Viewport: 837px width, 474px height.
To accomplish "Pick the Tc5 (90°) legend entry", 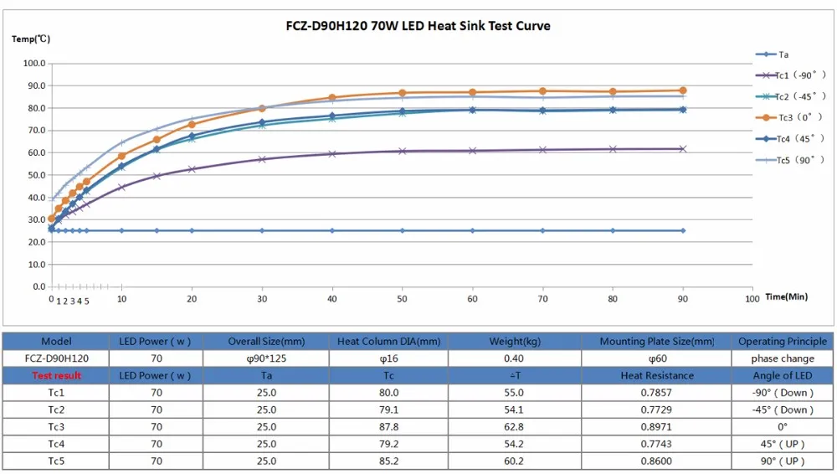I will tap(789, 160).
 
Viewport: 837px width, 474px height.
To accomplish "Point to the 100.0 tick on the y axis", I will tap(34, 63).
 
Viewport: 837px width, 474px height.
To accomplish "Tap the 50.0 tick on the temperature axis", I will tap(34, 175).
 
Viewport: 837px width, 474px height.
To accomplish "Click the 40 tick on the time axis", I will tap(332, 298).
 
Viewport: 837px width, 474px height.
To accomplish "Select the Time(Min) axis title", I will tap(786, 296).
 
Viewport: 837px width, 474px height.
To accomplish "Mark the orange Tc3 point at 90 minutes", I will tap(683, 90).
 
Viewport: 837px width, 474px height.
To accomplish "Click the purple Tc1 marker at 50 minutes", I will tap(403, 151).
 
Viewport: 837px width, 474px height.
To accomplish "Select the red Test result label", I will tap(56, 376).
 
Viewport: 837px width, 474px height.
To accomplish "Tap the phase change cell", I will tap(783, 358).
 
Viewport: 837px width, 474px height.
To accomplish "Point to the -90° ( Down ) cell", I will tap(783, 393).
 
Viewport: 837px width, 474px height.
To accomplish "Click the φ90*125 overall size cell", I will tap(266, 358).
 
